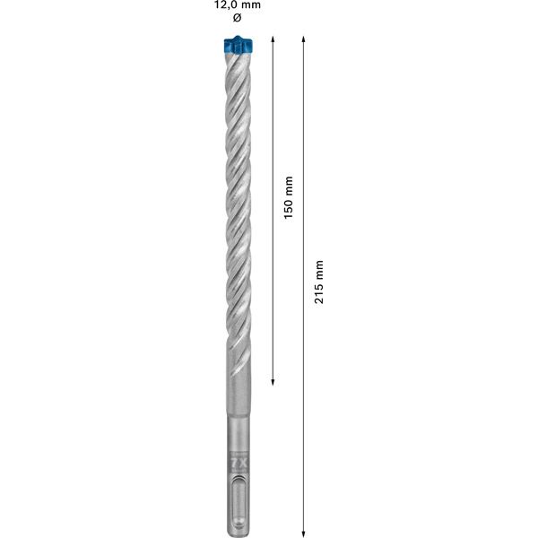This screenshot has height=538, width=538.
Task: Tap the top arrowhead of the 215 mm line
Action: (x=305, y=40)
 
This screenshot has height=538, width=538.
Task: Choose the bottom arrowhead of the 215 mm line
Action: (x=305, y=529)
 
